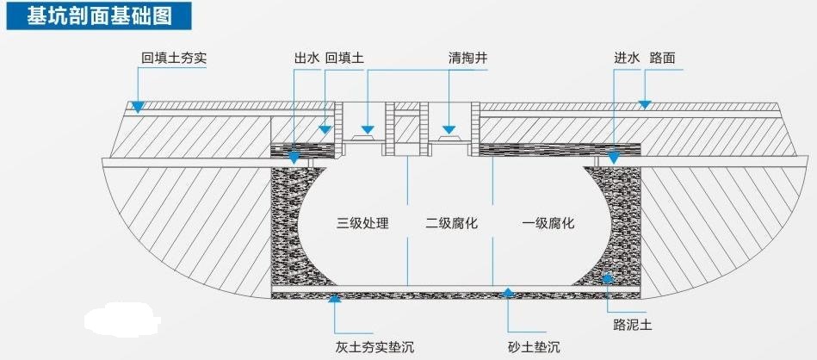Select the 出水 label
coord(306,59)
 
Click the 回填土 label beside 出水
coord(344,59)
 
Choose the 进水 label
coord(626,59)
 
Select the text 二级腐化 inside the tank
coord(451,223)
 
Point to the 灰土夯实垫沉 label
coord(374,347)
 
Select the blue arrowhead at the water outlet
coord(294,158)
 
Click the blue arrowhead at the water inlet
coord(614,158)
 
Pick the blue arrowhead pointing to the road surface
coord(642,103)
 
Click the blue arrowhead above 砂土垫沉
coord(508,292)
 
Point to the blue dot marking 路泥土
coord(607,277)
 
